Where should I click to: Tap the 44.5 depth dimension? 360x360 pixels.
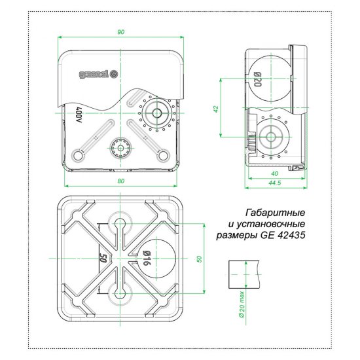tap(274, 183)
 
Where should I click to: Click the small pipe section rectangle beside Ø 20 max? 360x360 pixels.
tap(243, 275)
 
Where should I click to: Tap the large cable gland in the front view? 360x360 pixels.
tap(157, 112)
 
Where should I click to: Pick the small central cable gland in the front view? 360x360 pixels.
tap(121, 148)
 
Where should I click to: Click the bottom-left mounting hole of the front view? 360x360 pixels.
tap(80, 155)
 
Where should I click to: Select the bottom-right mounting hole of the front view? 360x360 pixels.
tap(163, 155)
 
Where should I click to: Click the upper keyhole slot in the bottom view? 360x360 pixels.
tap(121, 226)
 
